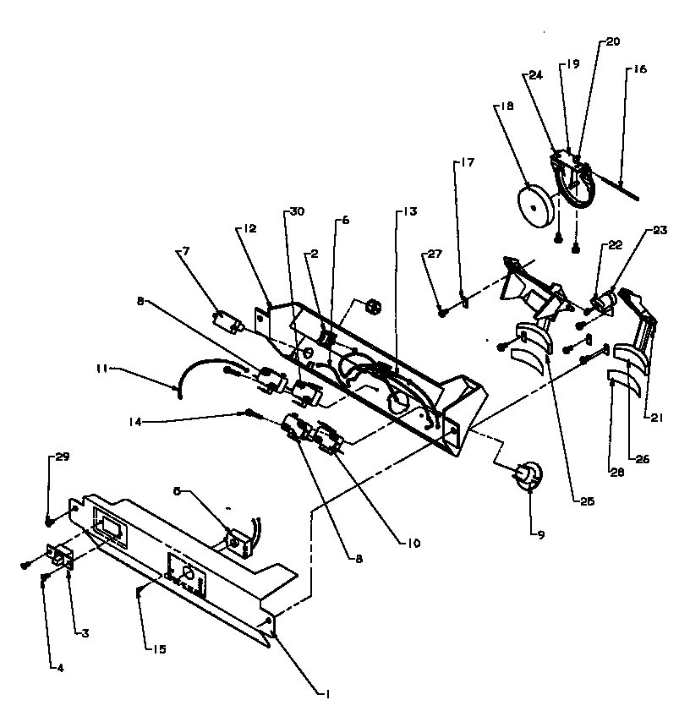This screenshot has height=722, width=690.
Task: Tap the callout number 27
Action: tap(434, 252)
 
